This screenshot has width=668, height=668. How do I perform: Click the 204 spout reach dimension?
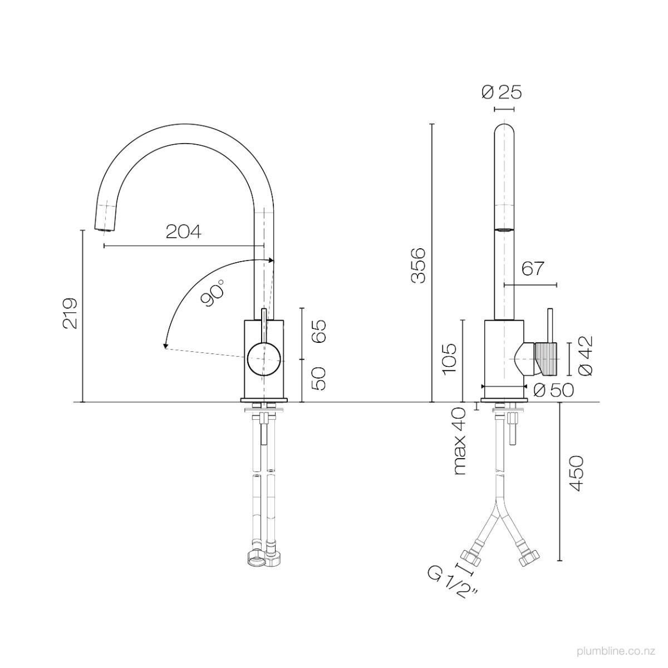pyautogui.click(x=183, y=232)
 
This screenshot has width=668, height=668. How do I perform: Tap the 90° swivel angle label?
pyautogui.click(x=214, y=293)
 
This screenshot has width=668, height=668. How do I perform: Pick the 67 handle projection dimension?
pyautogui.click(x=533, y=268)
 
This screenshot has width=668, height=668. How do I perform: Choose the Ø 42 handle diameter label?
pyautogui.click(x=586, y=356)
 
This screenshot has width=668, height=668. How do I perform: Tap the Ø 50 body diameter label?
pyautogui.click(x=553, y=391)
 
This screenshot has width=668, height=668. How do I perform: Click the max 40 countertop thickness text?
pyautogui.click(x=460, y=441)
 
